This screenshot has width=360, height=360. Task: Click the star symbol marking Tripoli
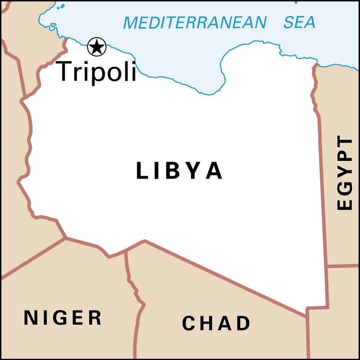click(97, 47)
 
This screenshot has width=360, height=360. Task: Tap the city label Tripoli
click(95, 71)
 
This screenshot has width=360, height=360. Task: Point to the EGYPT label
click(345, 173)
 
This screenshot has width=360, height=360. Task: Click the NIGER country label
click(63, 318)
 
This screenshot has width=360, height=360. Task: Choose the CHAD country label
click(216, 323)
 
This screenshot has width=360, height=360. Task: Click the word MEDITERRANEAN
click(195, 23)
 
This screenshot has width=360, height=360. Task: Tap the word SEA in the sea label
click(299, 22)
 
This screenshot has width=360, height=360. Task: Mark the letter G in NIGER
click(61, 318)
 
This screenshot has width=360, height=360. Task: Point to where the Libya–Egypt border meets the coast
click(316, 65)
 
